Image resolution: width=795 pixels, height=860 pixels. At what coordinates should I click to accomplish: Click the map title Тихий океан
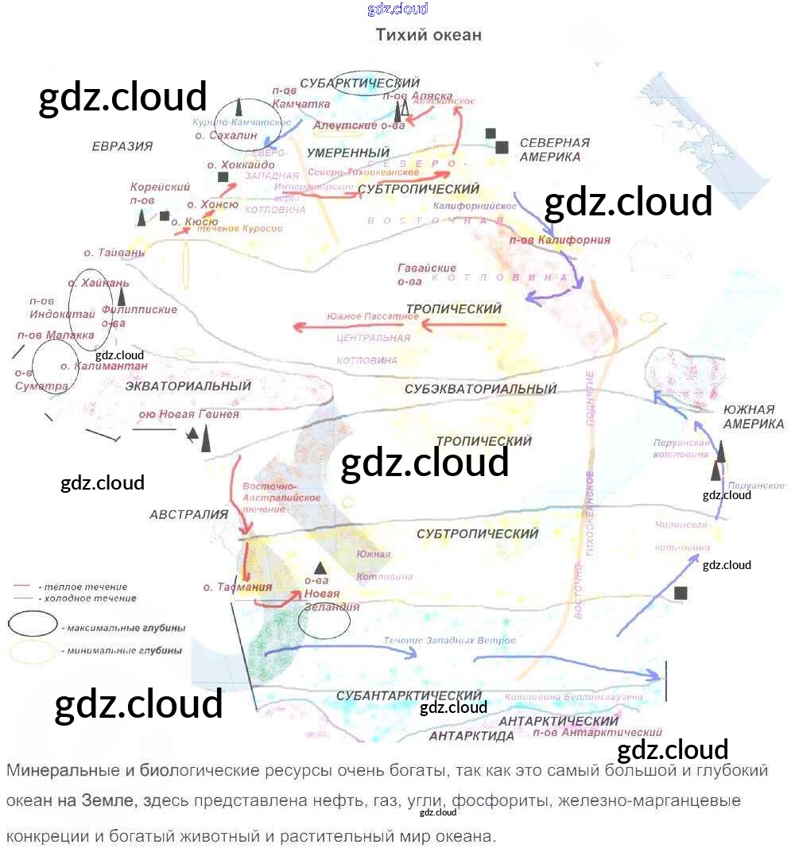click(428, 35)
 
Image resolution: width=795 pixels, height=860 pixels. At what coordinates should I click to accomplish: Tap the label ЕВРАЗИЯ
click(122, 146)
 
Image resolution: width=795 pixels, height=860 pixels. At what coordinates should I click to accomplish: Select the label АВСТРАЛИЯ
click(188, 514)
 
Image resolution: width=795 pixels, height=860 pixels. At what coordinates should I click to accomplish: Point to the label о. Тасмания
click(238, 587)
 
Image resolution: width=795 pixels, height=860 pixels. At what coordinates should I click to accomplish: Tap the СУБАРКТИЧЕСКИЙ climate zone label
click(359, 83)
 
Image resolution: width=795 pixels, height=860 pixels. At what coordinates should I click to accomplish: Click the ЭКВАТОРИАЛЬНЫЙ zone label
click(188, 386)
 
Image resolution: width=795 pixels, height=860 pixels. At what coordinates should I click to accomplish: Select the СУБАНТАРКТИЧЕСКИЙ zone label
click(409, 696)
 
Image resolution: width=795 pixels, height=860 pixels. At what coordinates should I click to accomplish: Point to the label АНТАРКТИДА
click(471, 736)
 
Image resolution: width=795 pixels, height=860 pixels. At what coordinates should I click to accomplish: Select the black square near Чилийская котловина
click(681, 593)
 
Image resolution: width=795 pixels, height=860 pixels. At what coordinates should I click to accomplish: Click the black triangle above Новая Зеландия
click(320, 568)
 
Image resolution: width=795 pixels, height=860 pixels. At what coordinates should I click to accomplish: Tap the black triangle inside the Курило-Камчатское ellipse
click(239, 107)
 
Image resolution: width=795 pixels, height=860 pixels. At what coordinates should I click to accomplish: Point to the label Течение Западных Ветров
click(449, 641)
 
